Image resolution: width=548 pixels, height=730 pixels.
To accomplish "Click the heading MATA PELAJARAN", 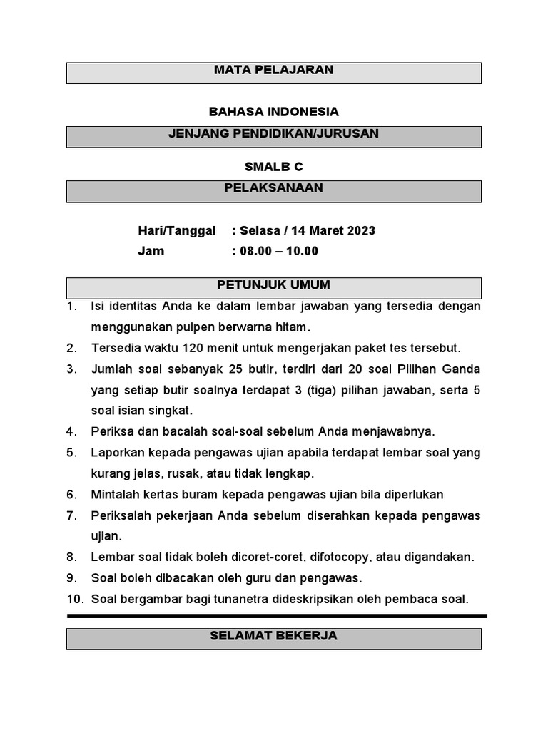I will click(x=273, y=71).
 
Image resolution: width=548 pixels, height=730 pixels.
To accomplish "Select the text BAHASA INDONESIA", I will click(x=273, y=112).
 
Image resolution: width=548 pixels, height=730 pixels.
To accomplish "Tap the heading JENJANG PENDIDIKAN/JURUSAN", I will click(x=273, y=133).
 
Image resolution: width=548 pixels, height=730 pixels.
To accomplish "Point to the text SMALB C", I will click(x=273, y=167).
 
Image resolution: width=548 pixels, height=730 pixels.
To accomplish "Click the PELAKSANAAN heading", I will click(x=273, y=188).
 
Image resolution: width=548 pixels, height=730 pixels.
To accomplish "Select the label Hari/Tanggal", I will click(x=176, y=231).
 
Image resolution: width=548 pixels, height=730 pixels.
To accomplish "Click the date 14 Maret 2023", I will click(x=334, y=231).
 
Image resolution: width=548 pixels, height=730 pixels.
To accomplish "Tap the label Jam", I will click(x=151, y=251).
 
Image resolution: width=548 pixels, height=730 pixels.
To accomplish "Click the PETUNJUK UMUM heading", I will click(x=273, y=285).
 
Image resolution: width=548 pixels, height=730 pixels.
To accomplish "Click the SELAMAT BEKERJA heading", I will click(x=273, y=636).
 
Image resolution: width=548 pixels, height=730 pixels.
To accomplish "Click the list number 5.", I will click(x=71, y=453).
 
